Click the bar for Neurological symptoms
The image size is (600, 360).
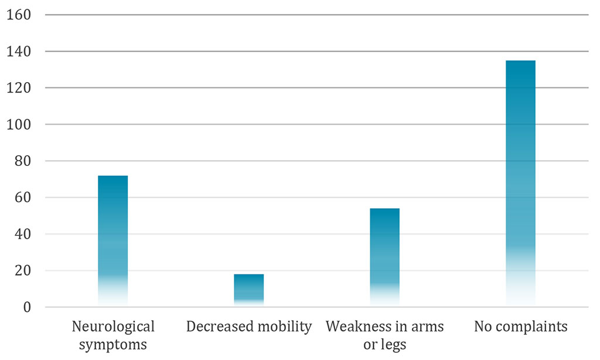(x=112, y=240)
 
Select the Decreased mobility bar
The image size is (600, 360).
(x=248, y=290)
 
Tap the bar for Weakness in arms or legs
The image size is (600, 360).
(x=384, y=257)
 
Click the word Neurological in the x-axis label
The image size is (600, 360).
(x=112, y=327)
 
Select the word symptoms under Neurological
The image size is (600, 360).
(x=112, y=344)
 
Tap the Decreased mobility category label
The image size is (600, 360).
(x=248, y=327)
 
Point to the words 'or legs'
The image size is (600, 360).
(x=384, y=344)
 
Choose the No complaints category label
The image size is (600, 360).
(x=520, y=327)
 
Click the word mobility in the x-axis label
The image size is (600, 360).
(x=283, y=327)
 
